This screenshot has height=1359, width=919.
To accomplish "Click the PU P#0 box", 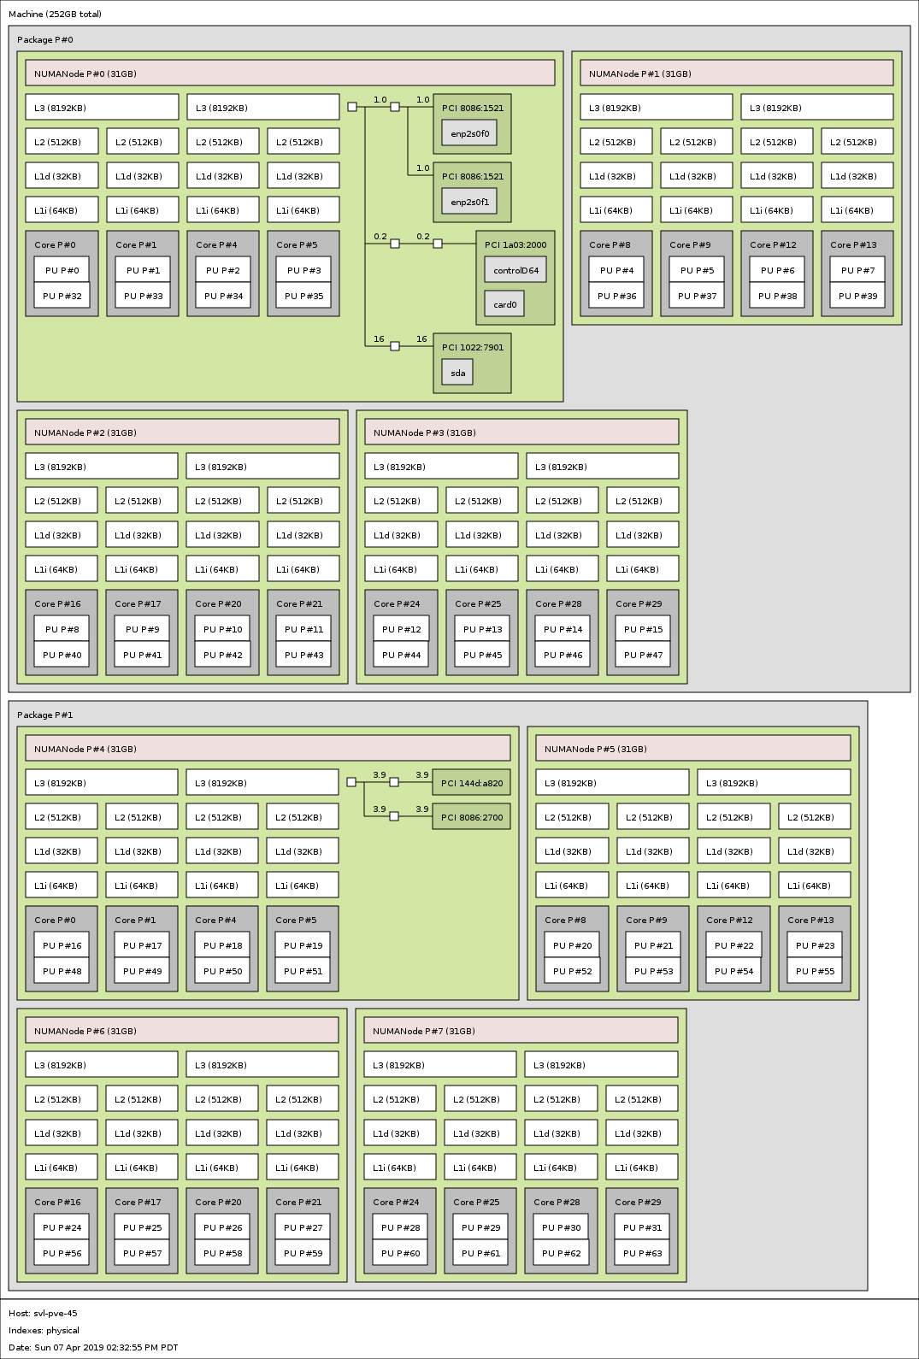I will (62, 270).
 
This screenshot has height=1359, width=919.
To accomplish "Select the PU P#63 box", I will (642, 1253).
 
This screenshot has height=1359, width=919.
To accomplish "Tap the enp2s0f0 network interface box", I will (469, 133).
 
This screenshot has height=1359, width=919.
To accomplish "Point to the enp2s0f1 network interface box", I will (469, 202).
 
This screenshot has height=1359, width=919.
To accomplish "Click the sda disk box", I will (457, 373).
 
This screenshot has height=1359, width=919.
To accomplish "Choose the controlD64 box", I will (515, 270).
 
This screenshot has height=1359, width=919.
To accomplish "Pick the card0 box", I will (504, 304).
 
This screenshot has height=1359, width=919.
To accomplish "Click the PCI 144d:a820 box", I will (471, 783).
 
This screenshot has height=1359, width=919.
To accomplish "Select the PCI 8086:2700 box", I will (471, 817).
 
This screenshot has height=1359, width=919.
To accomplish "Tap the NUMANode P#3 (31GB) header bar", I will (521, 432).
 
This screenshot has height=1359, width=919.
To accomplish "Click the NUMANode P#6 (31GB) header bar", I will (181, 1031).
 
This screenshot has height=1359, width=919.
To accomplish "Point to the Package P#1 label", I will (44, 715).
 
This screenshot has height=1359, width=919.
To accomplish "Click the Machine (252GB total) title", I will (55, 14).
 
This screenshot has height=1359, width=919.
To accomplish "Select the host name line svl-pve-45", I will (43, 1313).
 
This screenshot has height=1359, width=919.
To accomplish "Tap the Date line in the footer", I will (93, 1347).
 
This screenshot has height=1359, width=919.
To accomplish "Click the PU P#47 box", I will (643, 655).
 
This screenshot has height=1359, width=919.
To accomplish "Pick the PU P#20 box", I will (572, 945).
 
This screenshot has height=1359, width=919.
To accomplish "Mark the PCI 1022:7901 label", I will (473, 347).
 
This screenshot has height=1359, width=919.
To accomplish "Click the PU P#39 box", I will (857, 296).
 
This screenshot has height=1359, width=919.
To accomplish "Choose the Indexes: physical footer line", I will (44, 1330).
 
